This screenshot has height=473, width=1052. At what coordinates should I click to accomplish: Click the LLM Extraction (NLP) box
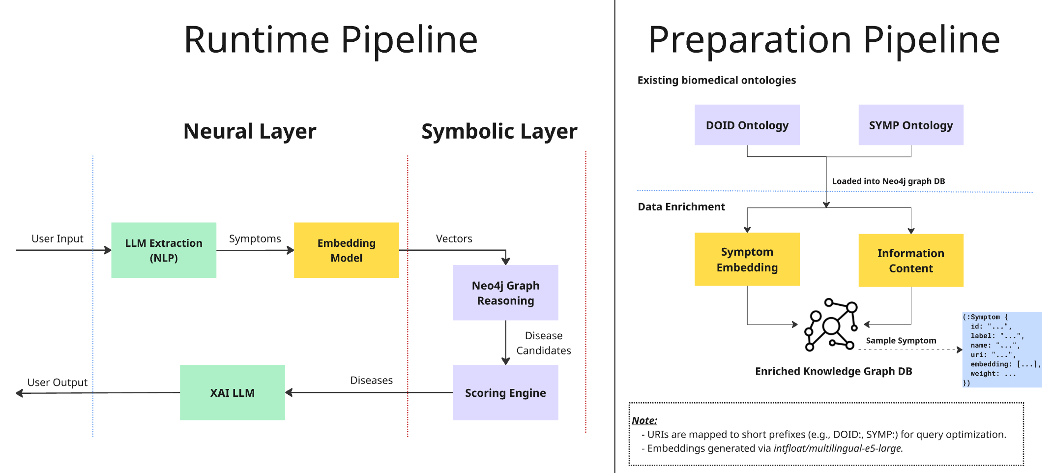click(164, 250)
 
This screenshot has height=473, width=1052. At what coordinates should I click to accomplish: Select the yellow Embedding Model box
click(346, 250)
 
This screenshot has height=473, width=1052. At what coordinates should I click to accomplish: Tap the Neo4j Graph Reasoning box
click(505, 293)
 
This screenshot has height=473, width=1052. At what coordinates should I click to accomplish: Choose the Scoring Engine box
click(505, 392)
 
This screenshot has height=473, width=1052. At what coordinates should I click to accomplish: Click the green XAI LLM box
click(232, 392)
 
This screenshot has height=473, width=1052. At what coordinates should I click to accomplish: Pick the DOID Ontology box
click(747, 125)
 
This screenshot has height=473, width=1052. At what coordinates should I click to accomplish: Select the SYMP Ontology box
click(910, 125)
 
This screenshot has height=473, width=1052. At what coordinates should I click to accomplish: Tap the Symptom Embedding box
click(747, 259)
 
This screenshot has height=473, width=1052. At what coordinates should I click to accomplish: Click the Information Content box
click(910, 261)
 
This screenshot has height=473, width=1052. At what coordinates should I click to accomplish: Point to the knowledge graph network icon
click(831, 325)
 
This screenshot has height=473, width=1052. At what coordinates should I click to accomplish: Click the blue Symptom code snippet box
click(1001, 350)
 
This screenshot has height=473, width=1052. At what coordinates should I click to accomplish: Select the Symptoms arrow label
click(255, 238)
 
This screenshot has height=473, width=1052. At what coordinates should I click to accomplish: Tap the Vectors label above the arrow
click(454, 238)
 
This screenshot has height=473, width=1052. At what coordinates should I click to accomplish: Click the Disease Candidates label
click(543, 343)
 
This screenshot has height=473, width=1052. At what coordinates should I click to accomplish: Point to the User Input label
click(57, 238)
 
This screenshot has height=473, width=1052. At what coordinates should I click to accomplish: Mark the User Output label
click(57, 382)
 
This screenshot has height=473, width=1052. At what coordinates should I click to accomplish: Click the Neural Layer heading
click(250, 131)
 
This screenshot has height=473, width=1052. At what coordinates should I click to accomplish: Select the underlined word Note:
click(644, 420)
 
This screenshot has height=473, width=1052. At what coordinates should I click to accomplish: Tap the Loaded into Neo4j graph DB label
click(888, 181)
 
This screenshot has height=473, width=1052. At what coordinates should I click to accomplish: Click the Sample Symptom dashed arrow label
click(901, 340)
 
